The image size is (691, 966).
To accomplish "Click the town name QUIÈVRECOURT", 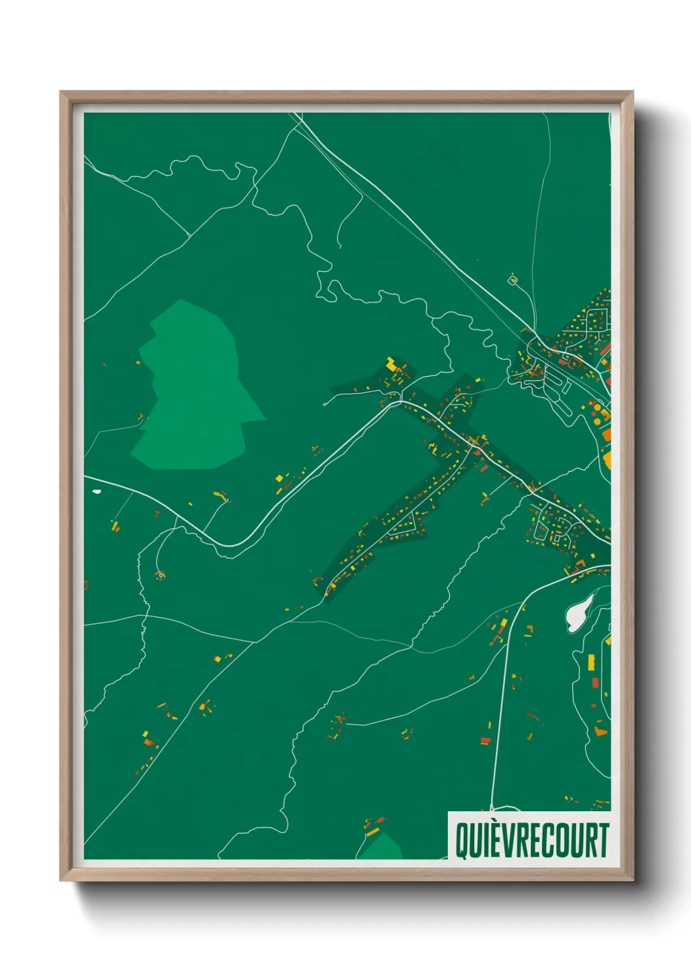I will click(x=532, y=841).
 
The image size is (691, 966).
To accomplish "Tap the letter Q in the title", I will click(x=461, y=841).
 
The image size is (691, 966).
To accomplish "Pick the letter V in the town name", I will click(x=505, y=841).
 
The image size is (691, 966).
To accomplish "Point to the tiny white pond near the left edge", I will click(x=97, y=491).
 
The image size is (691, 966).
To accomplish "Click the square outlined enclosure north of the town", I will click(x=513, y=280).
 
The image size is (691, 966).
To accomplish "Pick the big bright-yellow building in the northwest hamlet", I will click(x=392, y=364).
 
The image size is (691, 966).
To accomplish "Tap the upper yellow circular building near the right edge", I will click(x=596, y=407).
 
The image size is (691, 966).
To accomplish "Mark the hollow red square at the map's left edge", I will click(x=86, y=585).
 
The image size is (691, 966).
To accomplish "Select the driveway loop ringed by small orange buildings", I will click(x=160, y=575).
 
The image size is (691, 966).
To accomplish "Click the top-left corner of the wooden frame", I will click(x=61, y=92).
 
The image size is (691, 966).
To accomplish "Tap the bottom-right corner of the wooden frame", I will click(x=633, y=880).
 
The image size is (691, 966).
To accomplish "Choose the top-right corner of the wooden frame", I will click(x=632, y=92).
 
